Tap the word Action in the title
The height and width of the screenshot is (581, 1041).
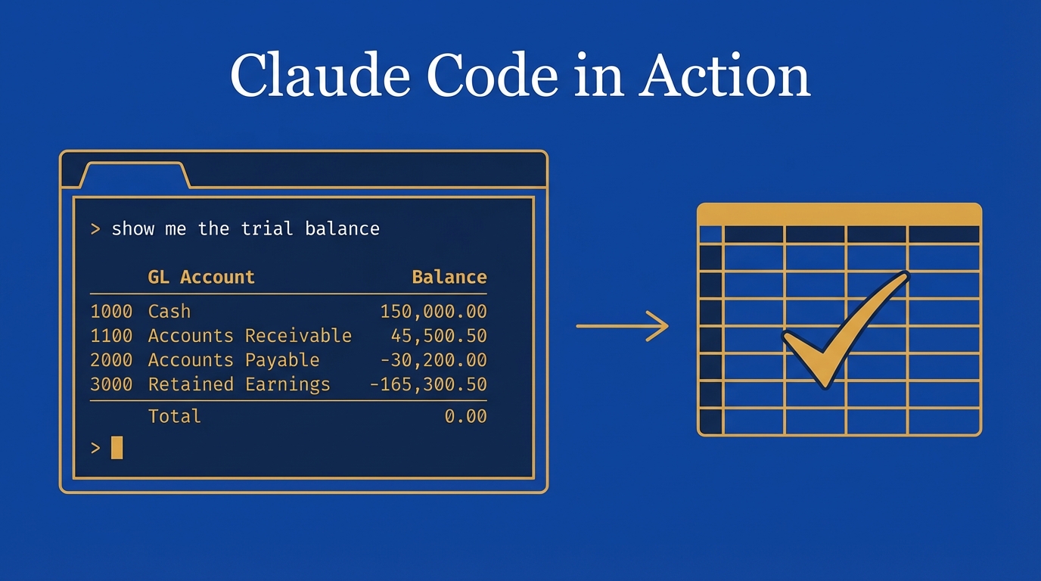pyautogui.click(x=724, y=76)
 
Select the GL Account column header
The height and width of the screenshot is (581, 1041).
pyautogui.click(x=201, y=277)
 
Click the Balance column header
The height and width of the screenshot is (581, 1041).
pyautogui.click(x=449, y=277)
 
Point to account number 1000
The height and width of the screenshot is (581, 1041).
pyautogui.click(x=111, y=311)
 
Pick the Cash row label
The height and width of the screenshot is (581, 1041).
pyautogui.click(x=169, y=311)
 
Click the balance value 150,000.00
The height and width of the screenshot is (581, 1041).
pyautogui.click(x=433, y=311)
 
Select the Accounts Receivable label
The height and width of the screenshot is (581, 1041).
pyautogui.click(x=250, y=335)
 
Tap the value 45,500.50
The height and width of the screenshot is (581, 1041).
pyautogui.click(x=439, y=335)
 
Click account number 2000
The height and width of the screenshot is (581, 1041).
pyautogui.click(x=111, y=359)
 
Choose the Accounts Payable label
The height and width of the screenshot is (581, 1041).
pyautogui.click(x=234, y=359)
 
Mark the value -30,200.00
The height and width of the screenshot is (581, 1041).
pyautogui.click(x=433, y=359)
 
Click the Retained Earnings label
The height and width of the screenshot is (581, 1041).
pyautogui.click(x=239, y=384)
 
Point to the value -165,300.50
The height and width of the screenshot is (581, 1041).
pyautogui.click(x=427, y=384)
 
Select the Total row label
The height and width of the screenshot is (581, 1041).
pyautogui.click(x=175, y=415)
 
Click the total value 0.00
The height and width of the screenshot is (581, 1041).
pyautogui.click(x=465, y=415)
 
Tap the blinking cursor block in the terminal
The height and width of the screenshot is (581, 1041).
pyautogui.click(x=117, y=448)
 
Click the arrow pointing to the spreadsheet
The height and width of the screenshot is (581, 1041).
pyautogui.click(x=622, y=326)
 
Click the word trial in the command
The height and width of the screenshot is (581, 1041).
pyautogui.click(x=267, y=228)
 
